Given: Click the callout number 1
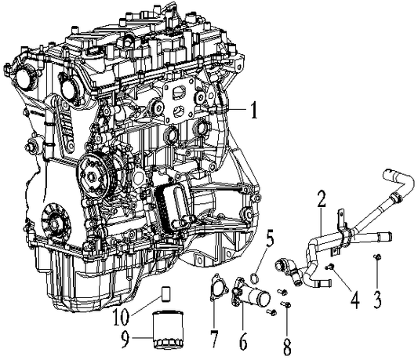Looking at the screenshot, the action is (x=255, y=110).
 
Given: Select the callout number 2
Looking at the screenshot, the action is (x=322, y=199).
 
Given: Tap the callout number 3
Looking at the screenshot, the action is (x=376, y=300).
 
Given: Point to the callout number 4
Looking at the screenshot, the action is (x=354, y=300).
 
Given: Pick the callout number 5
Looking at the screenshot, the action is (x=270, y=240).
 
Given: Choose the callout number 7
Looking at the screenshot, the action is (x=215, y=339).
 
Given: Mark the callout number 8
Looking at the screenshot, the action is (x=287, y=346).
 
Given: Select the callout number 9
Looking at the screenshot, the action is (x=125, y=340).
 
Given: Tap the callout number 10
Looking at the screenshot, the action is (x=122, y=317).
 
